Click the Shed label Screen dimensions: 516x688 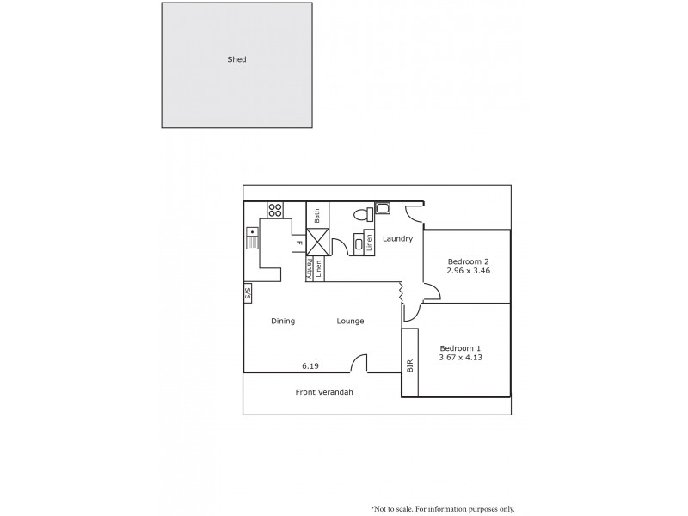click(x=236, y=59)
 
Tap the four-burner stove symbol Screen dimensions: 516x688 click(x=275, y=209)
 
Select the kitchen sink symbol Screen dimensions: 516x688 click(x=253, y=236)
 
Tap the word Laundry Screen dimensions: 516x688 click(x=398, y=238)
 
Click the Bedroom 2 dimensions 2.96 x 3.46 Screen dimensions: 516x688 click(x=468, y=271)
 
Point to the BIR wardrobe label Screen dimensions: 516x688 click(x=410, y=364)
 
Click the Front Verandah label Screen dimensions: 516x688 click(x=324, y=392)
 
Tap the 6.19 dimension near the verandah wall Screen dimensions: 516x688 click(x=310, y=365)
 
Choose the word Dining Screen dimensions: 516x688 click(x=283, y=321)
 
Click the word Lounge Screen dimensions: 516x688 click(x=350, y=321)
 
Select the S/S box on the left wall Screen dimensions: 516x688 click(x=248, y=293)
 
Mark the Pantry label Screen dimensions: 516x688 click(x=310, y=269)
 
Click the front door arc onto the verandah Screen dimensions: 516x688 click(x=359, y=364)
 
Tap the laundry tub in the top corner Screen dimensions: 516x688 click(x=383, y=207)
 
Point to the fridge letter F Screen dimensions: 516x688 click(x=299, y=243)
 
